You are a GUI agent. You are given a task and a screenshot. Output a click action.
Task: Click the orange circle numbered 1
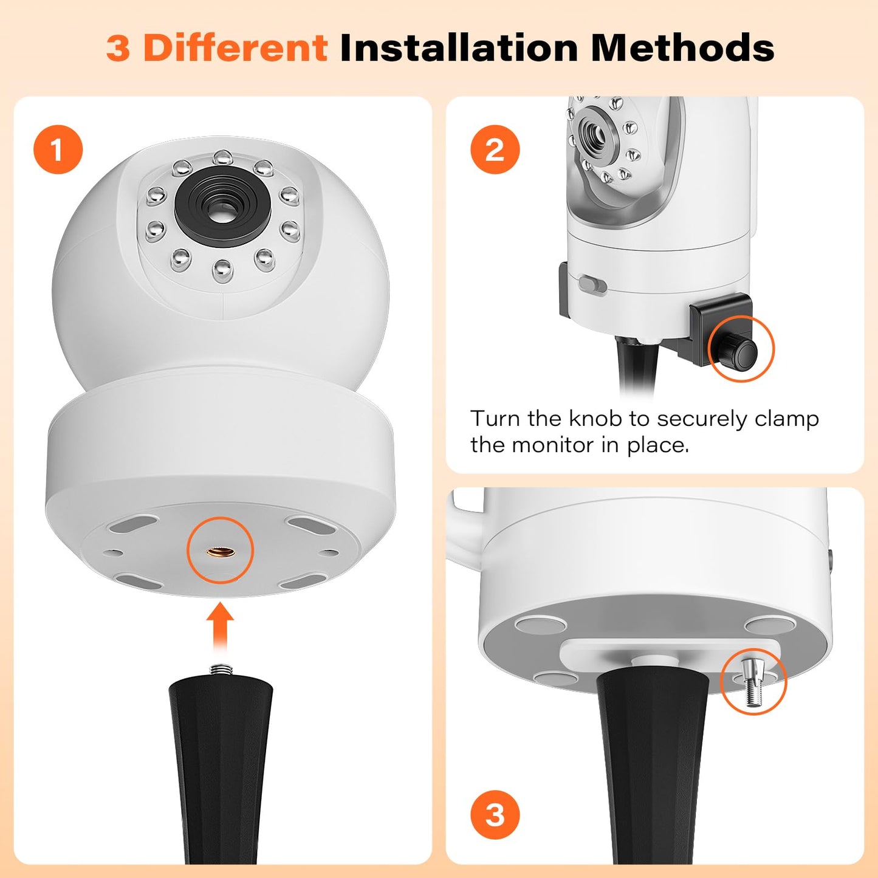58,149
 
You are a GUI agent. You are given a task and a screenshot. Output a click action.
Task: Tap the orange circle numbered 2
495,149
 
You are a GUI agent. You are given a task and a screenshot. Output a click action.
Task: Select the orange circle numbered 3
495,815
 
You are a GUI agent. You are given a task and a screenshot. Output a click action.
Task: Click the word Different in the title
236,47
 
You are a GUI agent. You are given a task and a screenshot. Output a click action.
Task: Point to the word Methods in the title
682,47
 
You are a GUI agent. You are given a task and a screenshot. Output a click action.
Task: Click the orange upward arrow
220,628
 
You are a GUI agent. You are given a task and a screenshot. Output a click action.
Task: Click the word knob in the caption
595,418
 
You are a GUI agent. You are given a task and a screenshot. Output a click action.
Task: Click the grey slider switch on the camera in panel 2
592,284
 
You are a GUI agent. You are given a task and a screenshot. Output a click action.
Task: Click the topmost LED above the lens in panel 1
223,157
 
